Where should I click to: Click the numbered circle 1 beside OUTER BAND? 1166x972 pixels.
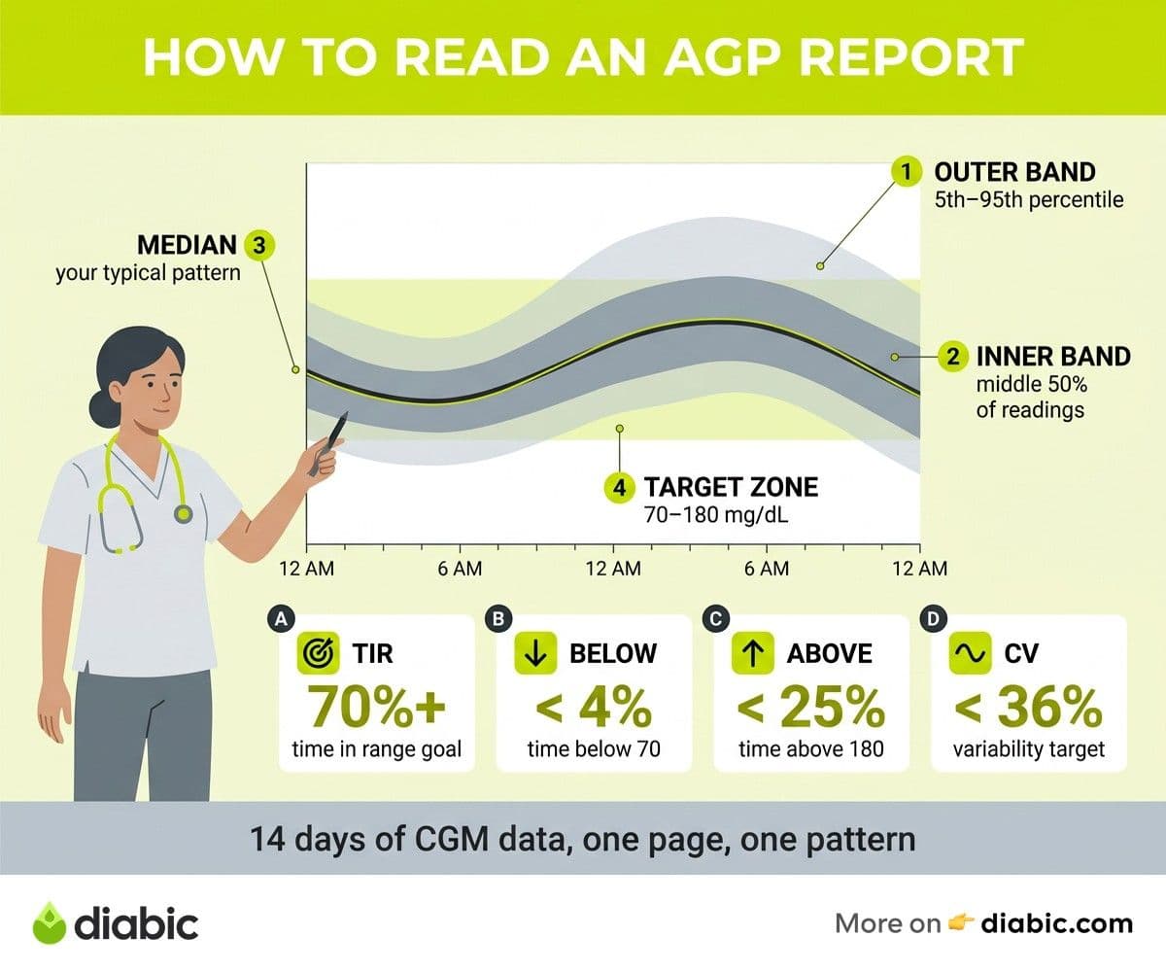click(907, 171)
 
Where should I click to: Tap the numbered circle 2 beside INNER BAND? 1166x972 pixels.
click(953, 356)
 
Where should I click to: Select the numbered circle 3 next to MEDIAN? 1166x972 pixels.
click(259, 245)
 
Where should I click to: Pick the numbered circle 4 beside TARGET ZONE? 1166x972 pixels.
click(620, 488)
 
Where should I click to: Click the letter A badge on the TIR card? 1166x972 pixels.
click(281, 619)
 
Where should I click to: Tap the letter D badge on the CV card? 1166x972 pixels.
click(933, 619)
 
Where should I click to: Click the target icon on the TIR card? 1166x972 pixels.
click(319, 653)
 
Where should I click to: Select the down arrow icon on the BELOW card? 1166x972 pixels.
click(535, 653)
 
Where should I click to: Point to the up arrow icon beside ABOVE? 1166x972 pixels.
click(753, 653)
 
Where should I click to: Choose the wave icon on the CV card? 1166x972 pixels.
click(970, 653)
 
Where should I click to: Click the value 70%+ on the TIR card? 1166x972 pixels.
click(377, 708)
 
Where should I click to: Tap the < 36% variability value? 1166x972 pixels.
click(1029, 708)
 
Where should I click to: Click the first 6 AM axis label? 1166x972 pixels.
click(460, 569)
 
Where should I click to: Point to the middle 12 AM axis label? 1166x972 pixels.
click(613, 569)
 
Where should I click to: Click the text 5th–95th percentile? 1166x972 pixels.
click(1029, 199)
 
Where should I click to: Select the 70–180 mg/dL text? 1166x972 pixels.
click(716, 515)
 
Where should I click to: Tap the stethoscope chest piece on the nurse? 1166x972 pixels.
click(183, 513)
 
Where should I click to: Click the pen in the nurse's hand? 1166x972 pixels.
click(329, 444)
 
